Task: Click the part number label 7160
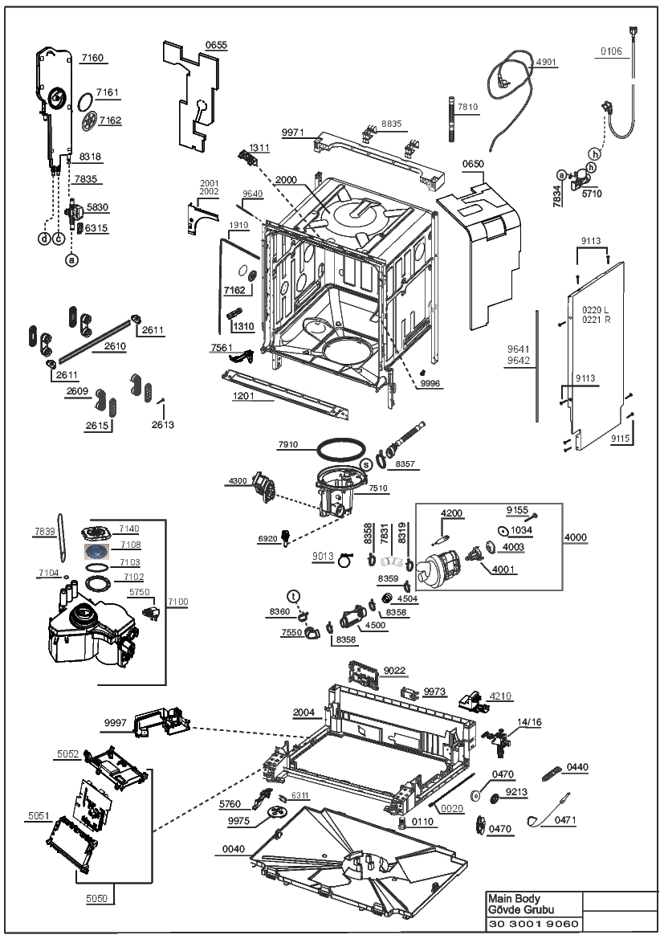click(x=92, y=58)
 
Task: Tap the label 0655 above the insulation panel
click(x=216, y=45)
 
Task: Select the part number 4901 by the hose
click(x=546, y=62)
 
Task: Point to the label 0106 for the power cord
click(x=611, y=51)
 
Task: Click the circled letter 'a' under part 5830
click(x=71, y=260)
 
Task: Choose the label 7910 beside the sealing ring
click(x=288, y=444)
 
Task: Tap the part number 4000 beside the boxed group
click(x=576, y=537)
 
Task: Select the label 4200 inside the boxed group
click(x=451, y=513)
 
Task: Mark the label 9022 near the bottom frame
click(x=394, y=670)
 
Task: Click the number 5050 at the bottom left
click(x=96, y=898)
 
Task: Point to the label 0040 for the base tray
click(x=234, y=848)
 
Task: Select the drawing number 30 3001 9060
click(x=533, y=924)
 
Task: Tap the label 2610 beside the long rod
click(x=115, y=345)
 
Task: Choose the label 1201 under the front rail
click(x=243, y=395)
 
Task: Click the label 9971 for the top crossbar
click(x=293, y=133)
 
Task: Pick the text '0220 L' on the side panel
click(x=595, y=309)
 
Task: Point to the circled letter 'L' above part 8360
click(x=293, y=596)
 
